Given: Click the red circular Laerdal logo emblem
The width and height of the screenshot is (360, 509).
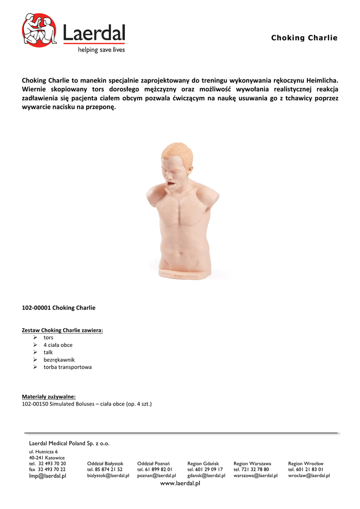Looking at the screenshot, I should pos(40,30).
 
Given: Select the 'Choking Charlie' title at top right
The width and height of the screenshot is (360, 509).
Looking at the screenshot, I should pos(304,38).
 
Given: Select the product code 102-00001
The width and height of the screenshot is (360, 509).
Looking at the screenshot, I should pos(36,308).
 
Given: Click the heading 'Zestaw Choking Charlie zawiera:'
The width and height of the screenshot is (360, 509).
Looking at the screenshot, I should pos(62,330).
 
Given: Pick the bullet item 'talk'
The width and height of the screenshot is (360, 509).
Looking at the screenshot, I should pos(48,352).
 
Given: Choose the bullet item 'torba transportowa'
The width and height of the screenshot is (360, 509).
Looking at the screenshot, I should pos(68,367).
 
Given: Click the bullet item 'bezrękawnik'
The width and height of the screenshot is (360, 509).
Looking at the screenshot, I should pos(59,360).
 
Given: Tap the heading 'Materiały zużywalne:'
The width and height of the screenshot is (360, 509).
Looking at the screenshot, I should pos(49,397).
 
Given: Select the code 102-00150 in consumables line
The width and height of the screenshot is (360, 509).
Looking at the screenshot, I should pos(35,404).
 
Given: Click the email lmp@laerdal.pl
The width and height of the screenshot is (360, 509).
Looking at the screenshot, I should pos(48,476).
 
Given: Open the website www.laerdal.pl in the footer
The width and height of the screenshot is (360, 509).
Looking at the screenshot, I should pos(180,484).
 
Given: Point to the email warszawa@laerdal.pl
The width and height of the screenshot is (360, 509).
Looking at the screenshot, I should pos(256,476).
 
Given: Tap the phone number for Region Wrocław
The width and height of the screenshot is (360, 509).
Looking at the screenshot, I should pos(306,470).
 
